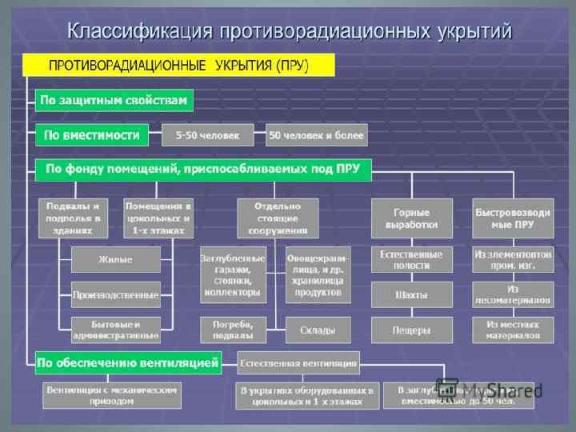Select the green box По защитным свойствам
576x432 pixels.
(114, 101)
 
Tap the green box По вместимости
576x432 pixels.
(92, 134)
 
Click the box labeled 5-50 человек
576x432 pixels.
(207, 135)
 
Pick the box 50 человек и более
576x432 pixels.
(317, 135)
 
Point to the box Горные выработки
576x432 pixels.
(411, 218)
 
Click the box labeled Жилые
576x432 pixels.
(115, 260)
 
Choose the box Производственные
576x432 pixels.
(115, 295)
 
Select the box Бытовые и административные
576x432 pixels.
(115, 330)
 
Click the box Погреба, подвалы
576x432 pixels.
(233, 330)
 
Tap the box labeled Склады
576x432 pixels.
(318, 330)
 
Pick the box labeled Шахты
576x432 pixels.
(411, 295)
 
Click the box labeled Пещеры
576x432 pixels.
(411, 330)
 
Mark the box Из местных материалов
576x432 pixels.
(512, 330)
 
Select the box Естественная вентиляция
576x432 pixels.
(298, 362)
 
